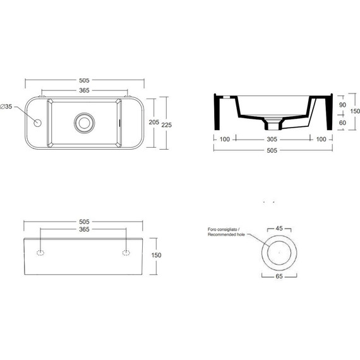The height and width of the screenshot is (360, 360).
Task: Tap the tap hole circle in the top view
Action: click(37, 122)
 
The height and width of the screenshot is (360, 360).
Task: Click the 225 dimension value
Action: click(168, 126)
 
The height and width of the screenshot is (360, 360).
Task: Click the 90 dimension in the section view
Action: click(342, 105)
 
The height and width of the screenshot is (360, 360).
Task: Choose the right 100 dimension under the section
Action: click(320, 139)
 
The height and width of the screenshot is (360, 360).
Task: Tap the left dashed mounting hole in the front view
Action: click(40, 253)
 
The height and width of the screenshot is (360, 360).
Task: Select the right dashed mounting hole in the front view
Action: click(126, 253)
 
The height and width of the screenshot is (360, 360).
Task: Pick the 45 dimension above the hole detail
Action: click(279, 229)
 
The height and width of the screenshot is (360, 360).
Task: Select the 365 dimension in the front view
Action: click(83, 229)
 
